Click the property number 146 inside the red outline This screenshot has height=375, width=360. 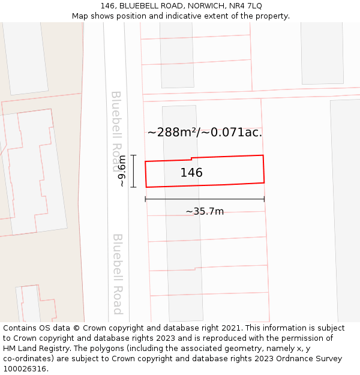pyautogui.click(x=191, y=173)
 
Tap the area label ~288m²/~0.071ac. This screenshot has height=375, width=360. pyautogui.click(x=205, y=133)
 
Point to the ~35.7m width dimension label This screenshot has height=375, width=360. pyautogui.click(x=205, y=211)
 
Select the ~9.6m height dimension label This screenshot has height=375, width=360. pyautogui.click(x=122, y=171)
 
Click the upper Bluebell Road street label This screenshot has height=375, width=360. pyautogui.click(x=116, y=123)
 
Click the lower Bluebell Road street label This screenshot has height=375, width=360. pyautogui.click(x=118, y=274)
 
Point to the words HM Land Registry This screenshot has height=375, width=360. pyautogui.click(x=34, y=349)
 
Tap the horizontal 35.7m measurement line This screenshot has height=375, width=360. pyautogui.click(x=205, y=199)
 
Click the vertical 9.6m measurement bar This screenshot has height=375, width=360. pyautogui.click(x=133, y=171)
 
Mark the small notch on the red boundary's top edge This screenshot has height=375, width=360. pyautogui.click(x=191, y=158)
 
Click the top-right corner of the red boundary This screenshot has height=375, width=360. pyautogui.click(x=263, y=155)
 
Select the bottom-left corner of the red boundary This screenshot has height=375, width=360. pyautogui.click(x=146, y=187)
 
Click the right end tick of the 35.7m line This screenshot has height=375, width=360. pyautogui.click(x=264, y=199)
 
